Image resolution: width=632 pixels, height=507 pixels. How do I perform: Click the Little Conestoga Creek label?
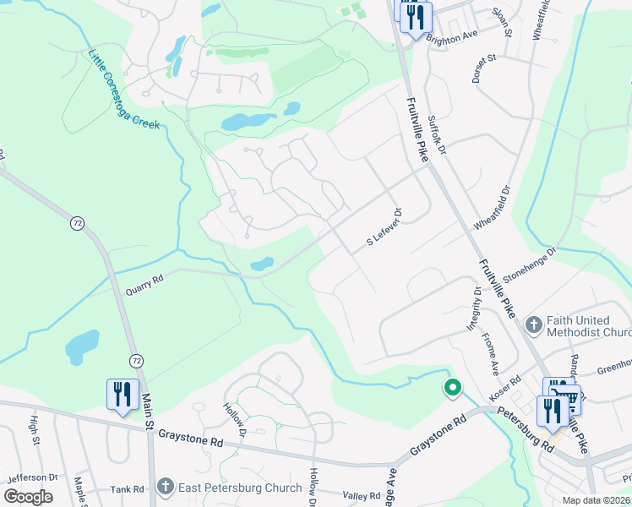pos(124,90)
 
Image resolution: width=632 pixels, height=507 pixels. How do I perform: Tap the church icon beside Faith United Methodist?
pos(533,324)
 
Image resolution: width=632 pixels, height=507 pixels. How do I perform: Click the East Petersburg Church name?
pos(240,488)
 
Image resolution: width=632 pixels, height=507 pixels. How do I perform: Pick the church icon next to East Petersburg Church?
pos(165,488)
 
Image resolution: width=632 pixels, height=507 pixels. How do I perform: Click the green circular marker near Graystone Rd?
pos(453,389)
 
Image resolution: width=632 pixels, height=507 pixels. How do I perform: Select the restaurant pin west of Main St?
pos(123,395)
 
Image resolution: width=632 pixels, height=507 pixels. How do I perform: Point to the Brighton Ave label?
pos(452,38)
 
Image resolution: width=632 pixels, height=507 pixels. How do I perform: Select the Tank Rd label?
pos(128,489)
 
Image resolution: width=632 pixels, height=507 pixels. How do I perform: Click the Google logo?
pos(29,497)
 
